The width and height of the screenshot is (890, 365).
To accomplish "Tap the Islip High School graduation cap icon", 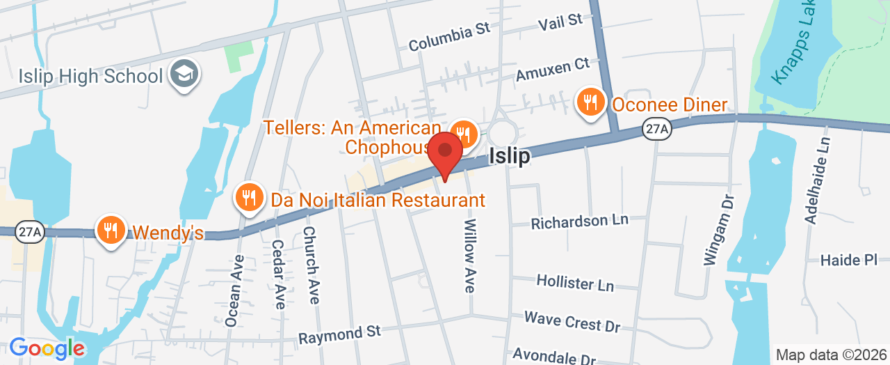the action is point(184,75).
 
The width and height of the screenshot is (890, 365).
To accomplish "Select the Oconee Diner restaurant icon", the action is point(590,103).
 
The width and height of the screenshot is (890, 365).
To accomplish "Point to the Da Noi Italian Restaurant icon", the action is point(249,199).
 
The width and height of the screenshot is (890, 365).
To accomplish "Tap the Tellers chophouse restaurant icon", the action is point(462,133).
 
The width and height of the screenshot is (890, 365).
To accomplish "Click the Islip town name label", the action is point(509,156).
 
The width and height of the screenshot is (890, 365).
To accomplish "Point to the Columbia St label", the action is point(449,37).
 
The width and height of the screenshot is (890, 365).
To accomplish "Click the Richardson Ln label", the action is point(579,222).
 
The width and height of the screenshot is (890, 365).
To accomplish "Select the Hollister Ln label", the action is point(575,283).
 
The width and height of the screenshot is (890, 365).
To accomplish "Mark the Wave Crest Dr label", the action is point(572,321).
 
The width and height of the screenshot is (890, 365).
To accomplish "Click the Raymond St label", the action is point(340,334).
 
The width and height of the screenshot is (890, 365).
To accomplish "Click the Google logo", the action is point(47,348).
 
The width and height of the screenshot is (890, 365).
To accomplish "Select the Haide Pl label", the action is point(849,260).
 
